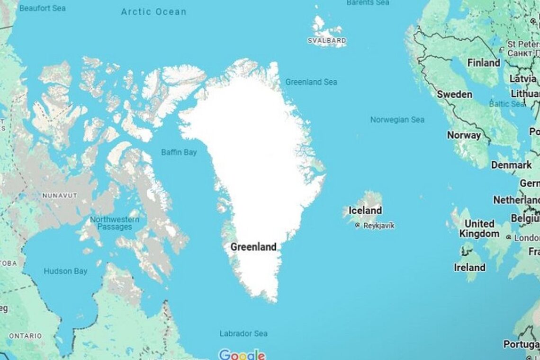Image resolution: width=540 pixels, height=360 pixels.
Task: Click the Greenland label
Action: (x=253, y=247)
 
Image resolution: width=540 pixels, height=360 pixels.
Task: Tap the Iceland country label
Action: (x=365, y=210)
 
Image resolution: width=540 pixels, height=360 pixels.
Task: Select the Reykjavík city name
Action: (x=378, y=226)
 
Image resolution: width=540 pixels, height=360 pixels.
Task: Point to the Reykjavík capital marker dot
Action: (x=358, y=226)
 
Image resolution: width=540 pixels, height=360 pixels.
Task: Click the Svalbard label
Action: (x=327, y=41)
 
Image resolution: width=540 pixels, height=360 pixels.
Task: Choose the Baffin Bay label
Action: (x=179, y=153)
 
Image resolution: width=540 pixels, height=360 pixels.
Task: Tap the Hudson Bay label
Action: (x=65, y=271)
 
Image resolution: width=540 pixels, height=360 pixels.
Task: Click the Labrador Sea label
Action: (x=243, y=333)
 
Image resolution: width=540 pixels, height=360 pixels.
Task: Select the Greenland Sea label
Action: (x=311, y=82)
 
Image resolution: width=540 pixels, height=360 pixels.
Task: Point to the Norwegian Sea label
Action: (x=397, y=120)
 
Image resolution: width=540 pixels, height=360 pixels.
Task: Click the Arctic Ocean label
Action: (x=153, y=12)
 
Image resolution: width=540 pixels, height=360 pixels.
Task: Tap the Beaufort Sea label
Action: (x=43, y=8)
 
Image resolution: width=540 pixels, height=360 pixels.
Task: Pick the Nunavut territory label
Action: (x=60, y=195)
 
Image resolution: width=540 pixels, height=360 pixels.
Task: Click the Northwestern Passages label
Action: (x=115, y=223)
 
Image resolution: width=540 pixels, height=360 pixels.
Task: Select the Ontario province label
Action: (x=25, y=336)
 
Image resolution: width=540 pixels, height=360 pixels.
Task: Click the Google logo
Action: (x=242, y=355)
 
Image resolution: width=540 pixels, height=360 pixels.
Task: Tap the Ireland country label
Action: (x=469, y=267)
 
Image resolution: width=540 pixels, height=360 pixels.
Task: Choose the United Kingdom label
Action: (x=481, y=228)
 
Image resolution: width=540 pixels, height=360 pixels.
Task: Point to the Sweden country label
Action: (x=454, y=94)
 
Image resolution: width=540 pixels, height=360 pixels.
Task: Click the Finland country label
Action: (x=484, y=63)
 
